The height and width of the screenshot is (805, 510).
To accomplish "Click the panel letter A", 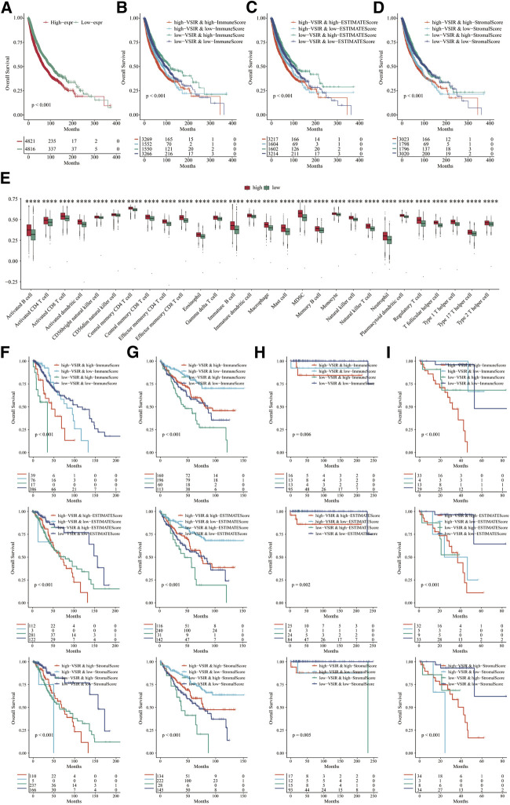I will click(5, 6).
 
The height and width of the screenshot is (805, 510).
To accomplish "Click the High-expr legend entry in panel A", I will click(59, 16).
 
